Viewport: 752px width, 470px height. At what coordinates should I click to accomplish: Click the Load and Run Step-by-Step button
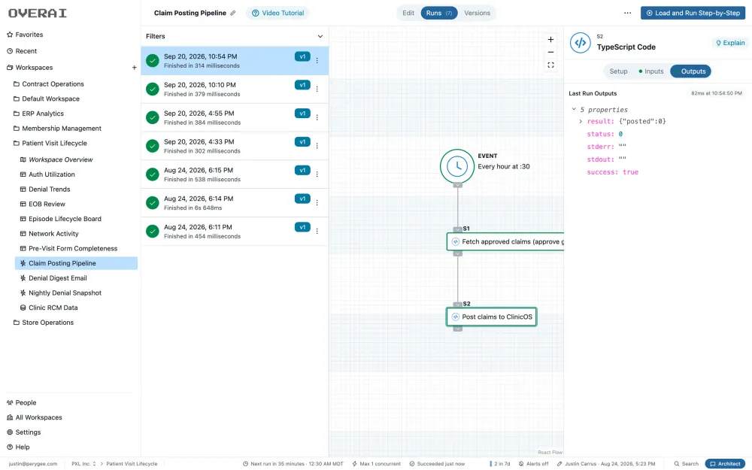pyautogui.click(x=693, y=13)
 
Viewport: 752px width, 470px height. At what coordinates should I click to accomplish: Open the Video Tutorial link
pyautogui.click(x=277, y=13)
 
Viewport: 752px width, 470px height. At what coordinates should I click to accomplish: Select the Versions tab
pyautogui.click(x=477, y=13)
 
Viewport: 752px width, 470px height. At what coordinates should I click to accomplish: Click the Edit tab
pyautogui.click(x=408, y=13)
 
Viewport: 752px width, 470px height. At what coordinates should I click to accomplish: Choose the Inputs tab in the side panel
pyautogui.click(x=650, y=71)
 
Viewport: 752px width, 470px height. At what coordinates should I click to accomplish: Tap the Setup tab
pyautogui.click(x=618, y=71)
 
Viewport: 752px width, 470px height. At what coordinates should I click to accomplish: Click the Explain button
pyautogui.click(x=730, y=43)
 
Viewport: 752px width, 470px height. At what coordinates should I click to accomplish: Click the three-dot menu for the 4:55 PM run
pyautogui.click(x=317, y=117)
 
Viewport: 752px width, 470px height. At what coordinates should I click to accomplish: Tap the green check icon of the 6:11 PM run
pyautogui.click(x=153, y=231)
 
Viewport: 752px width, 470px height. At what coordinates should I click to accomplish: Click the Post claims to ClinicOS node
pyautogui.click(x=492, y=317)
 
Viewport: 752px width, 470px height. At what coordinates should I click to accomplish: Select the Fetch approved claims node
pyautogui.click(x=505, y=241)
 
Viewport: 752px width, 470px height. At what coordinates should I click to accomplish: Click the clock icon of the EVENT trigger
pyautogui.click(x=457, y=166)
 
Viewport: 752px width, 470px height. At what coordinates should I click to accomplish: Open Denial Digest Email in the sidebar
pyautogui.click(x=58, y=278)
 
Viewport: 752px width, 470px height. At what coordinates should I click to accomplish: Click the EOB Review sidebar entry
pyautogui.click(x=47, y=204)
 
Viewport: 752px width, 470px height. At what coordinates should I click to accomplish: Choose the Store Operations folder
pyautogui.click(x=47, y=323)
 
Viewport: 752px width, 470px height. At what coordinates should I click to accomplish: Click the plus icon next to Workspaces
pyautogui.click(x=135, y=68)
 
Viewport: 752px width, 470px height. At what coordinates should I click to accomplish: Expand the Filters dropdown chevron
pyautogui.click(x=320, y=36)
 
